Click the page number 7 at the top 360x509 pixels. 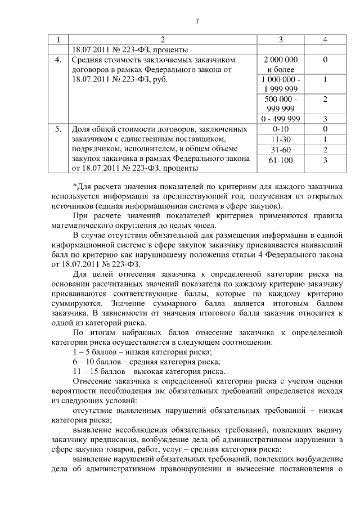click(x=197, y=21)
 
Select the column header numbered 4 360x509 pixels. click(x=325, y=39)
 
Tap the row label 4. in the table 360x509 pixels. click(x=58, y=60)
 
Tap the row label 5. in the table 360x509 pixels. click(x=58, y=129)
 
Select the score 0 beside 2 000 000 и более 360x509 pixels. click(x=325, y=59)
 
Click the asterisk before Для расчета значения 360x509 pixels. click(x=75, y=186)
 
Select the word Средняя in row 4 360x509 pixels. click(x=88, y=60)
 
